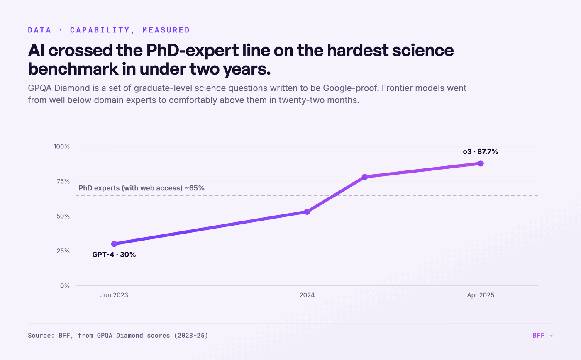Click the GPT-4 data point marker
114,243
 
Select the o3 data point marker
481,163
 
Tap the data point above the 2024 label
307,212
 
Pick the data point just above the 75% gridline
365,177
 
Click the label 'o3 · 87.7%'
481,152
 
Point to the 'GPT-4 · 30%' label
114,255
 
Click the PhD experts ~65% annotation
142,188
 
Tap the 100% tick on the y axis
62,146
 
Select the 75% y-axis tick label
63,181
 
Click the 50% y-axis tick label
63,216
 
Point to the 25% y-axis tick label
63,251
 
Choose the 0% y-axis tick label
65,286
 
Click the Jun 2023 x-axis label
114,295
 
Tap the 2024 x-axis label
307,295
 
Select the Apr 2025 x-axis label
481,295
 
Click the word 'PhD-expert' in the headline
193,51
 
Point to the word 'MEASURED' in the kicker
166,30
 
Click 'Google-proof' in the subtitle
351,88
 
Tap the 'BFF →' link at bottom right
543,336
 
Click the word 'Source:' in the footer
41,336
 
